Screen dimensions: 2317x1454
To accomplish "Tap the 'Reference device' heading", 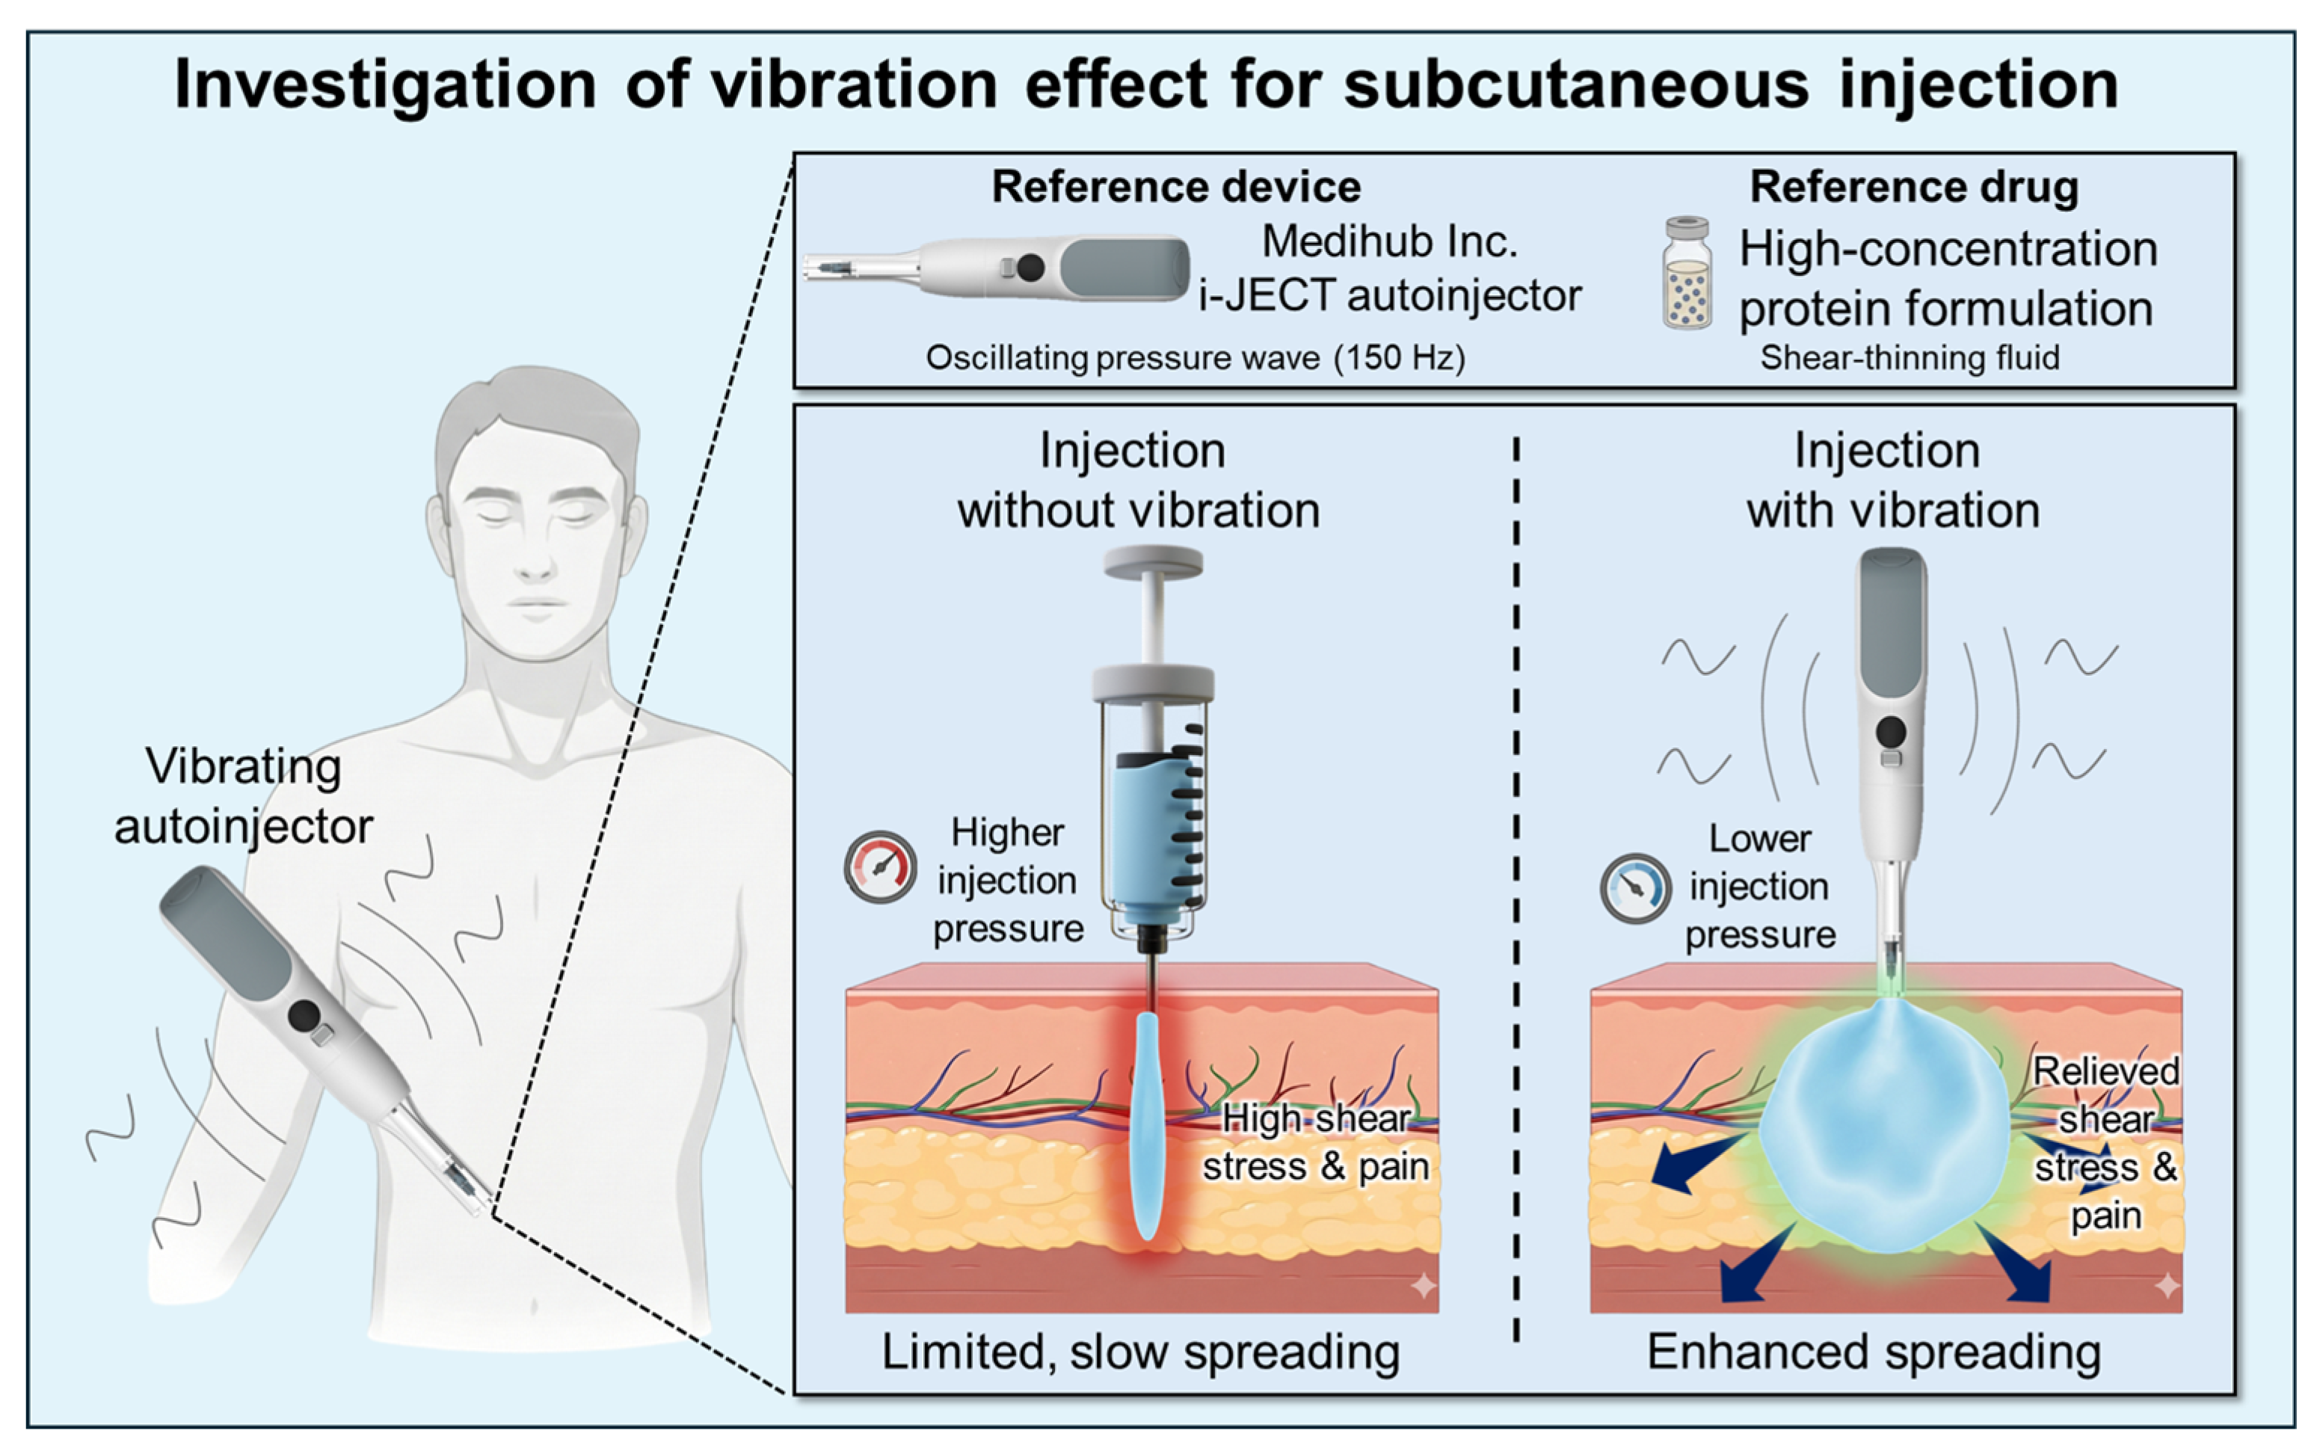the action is coord(1176,187).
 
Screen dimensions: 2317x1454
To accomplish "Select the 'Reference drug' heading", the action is coord(1914,187).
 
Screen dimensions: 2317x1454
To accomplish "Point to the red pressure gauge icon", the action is coord(880,866).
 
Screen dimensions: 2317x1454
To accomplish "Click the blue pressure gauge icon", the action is coord(1635,889).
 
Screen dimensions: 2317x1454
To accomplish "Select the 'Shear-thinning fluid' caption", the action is coord(1910,358).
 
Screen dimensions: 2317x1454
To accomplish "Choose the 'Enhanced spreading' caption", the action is coord(1874,1352).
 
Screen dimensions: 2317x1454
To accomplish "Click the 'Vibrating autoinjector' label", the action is coord(243,796).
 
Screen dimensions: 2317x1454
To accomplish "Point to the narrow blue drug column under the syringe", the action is coord(1146,1125).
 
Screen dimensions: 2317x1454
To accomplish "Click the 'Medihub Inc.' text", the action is coord(1389,241).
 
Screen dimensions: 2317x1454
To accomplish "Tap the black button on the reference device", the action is coord(1030,268).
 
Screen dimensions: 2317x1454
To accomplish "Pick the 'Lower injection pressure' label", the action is coord(1759,887).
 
